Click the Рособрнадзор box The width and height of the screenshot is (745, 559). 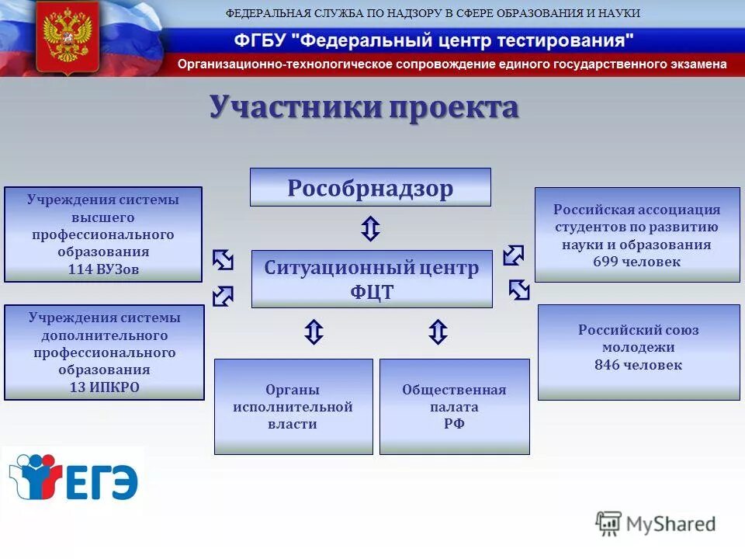coord(370,187)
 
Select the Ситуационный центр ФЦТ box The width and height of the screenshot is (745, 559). coord(372,279)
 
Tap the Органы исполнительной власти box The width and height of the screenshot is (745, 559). coord(293,406)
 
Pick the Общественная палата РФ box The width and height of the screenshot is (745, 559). coord(454,406)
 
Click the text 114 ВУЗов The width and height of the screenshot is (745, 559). coord(103,269)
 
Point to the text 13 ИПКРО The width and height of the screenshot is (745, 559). coord(104,387)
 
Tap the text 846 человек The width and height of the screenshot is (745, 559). coord(638,365)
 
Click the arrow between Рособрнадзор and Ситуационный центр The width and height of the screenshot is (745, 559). coord(371,229)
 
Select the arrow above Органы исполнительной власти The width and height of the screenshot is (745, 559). coord(313,332)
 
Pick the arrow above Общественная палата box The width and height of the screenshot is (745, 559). coord(438,332)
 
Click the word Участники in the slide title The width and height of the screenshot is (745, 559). coord(295,107)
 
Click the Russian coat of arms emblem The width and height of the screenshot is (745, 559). coord(68,36)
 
